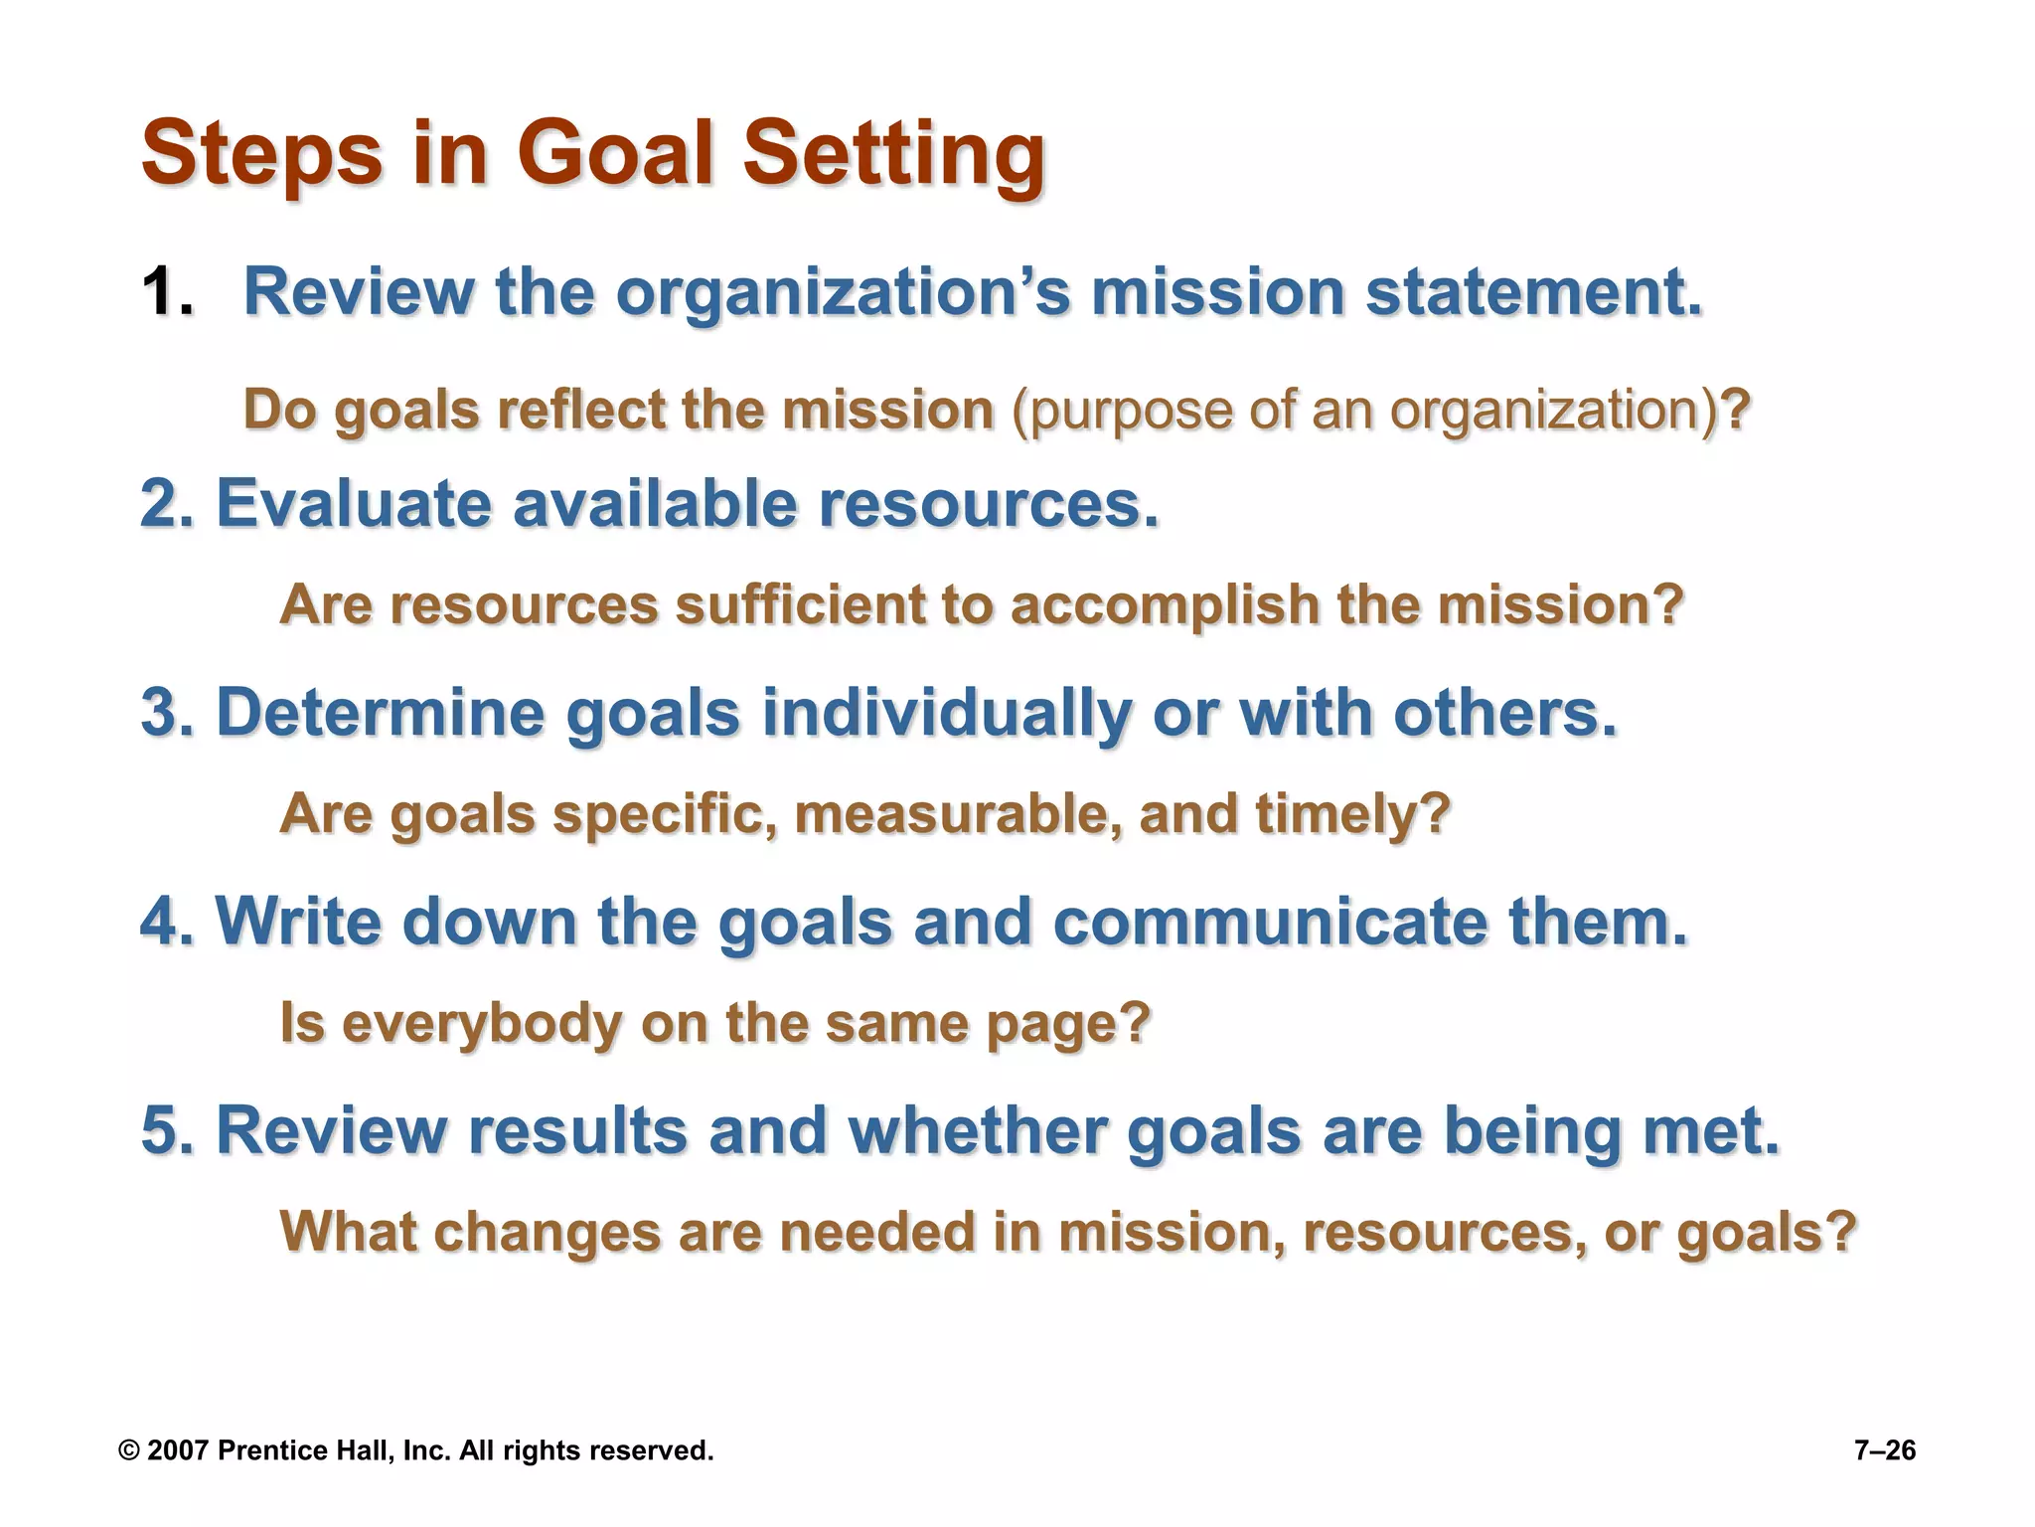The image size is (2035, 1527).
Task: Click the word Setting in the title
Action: [893, 154]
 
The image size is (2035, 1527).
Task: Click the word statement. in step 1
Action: [1534, 292]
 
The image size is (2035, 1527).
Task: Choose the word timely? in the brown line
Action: [1352, 814]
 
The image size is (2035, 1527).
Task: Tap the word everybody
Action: [481, 1023]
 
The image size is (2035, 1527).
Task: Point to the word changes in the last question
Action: [547, 1232]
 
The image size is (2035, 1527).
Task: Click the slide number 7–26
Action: [1884, 1450]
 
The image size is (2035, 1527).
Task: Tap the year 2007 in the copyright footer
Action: [177, 1450]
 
